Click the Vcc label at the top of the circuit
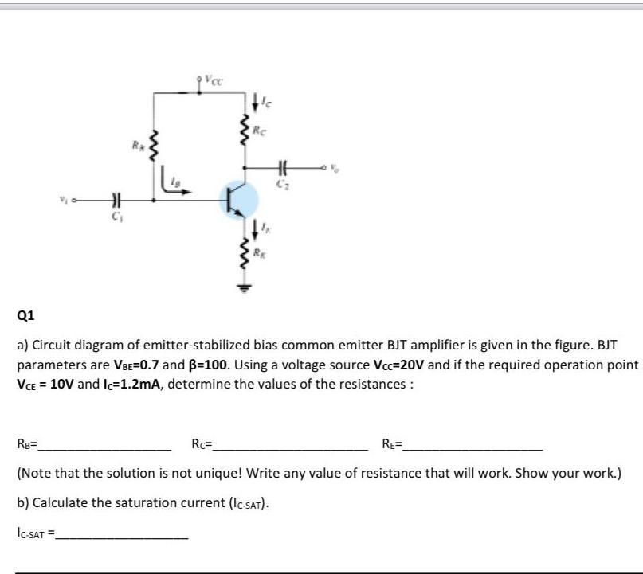(212, 79)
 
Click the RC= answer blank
(291, 444)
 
